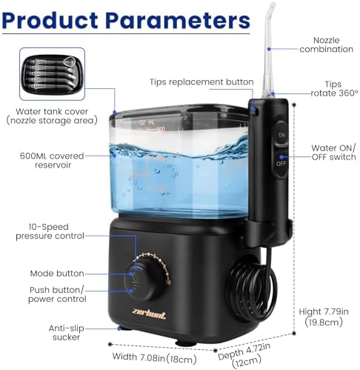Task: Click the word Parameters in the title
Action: tap(178, 20)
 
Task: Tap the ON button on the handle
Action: tap(281, 135)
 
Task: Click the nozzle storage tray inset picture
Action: tap(53, 74)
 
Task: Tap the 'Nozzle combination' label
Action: tap(326, 44)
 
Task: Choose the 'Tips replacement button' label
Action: tap(201, 82)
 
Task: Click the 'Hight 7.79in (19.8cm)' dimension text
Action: tap(324, 317)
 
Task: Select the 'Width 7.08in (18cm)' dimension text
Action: tap(154, 358)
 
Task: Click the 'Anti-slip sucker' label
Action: tap(67, 333)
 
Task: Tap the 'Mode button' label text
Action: tap(57, 274)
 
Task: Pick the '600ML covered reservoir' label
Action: tap(52, 161)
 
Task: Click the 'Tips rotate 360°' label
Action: tap(334, 89)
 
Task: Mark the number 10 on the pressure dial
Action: tap(168, 283)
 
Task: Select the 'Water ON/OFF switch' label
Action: tap(333, 153)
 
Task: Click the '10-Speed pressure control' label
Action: tap(50, 231)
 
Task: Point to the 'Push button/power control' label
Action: tap(57, 294)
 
